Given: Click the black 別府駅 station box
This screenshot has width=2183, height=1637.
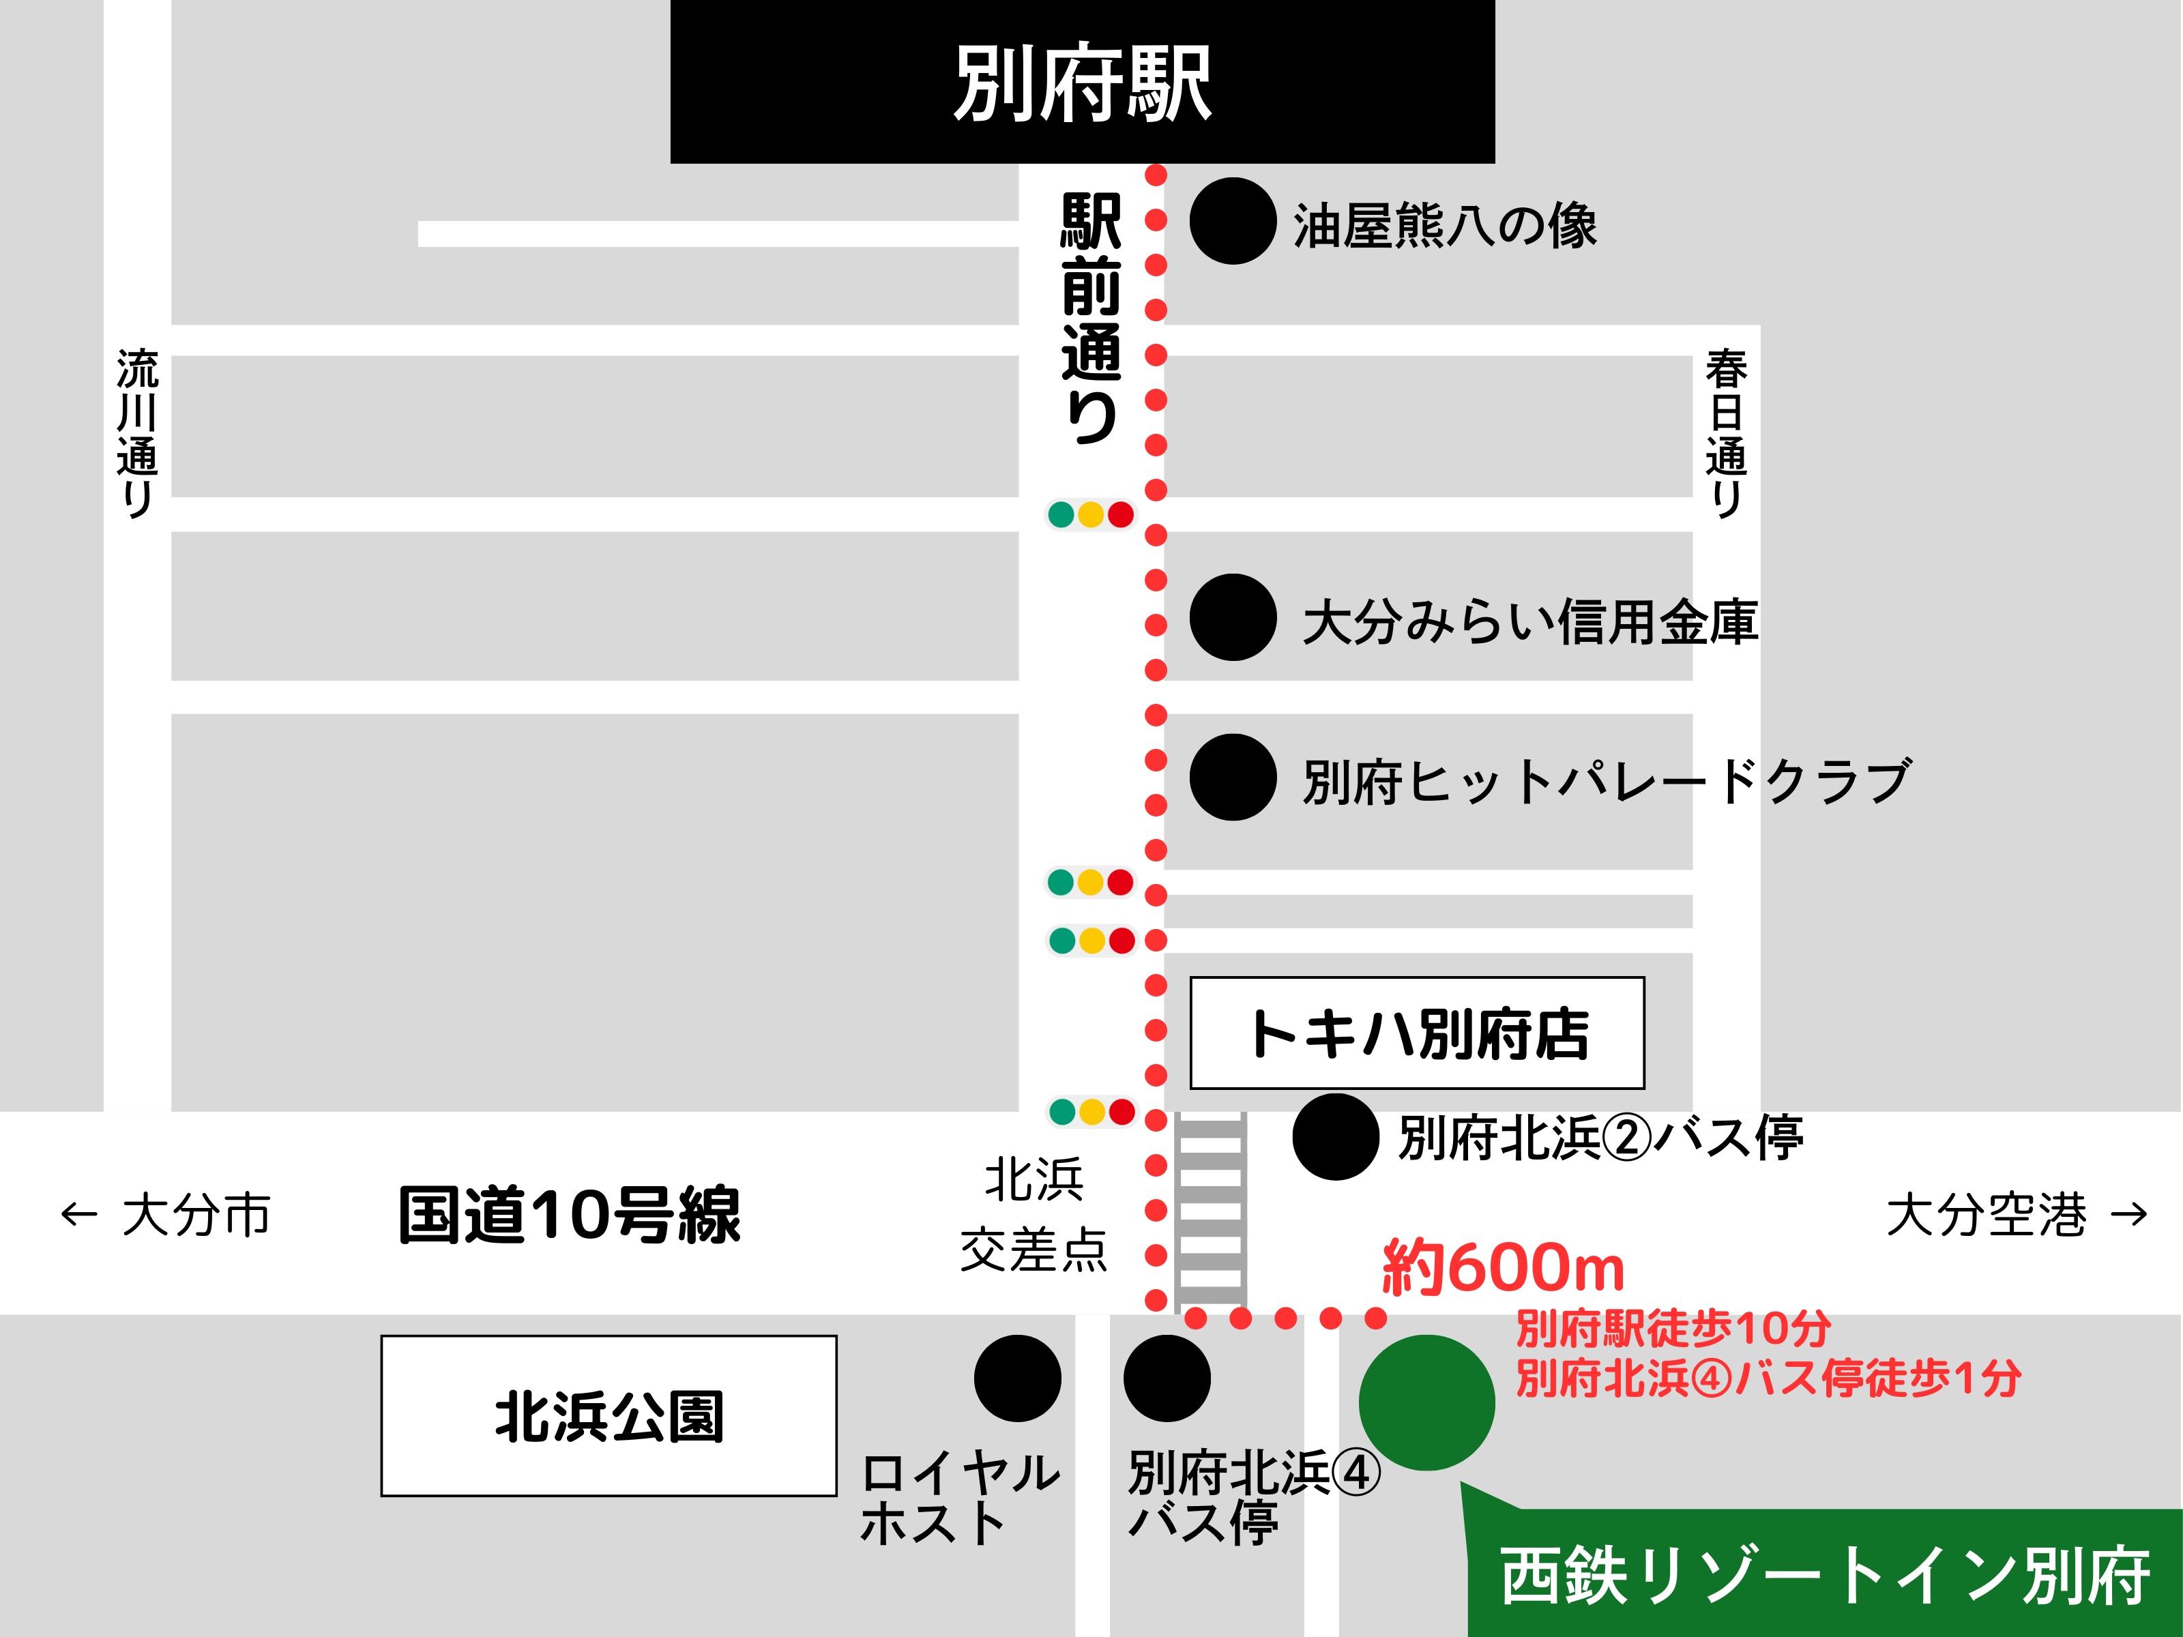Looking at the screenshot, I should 1082,82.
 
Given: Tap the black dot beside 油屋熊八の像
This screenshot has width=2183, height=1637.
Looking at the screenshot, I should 1233,221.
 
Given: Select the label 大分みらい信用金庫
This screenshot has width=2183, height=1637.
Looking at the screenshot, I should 1529,621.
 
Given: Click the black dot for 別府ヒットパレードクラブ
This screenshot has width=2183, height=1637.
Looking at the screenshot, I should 1233,778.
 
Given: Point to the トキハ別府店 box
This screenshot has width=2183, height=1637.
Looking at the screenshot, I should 1417,1033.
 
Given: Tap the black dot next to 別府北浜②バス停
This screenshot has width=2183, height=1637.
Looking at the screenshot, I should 1335,1137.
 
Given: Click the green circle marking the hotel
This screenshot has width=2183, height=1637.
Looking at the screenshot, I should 1426,1402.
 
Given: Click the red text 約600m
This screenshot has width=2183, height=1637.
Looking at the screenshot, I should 1502,1268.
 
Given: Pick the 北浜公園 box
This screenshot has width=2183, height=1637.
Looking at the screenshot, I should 609,1416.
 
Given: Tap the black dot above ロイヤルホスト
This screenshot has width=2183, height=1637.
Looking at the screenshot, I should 1018,1378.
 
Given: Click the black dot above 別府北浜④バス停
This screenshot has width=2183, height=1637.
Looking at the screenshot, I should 1167,1378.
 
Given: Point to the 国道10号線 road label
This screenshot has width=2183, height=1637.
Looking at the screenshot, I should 570,1215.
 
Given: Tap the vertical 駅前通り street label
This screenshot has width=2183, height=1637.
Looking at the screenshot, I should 1091,318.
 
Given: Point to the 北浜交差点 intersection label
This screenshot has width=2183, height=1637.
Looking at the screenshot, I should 1034,1215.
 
